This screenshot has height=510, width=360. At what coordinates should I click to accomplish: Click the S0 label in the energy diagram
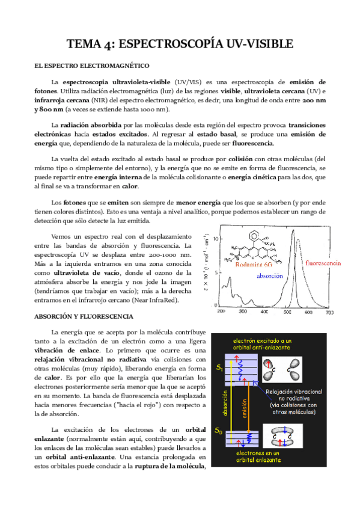pos(219,431)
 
